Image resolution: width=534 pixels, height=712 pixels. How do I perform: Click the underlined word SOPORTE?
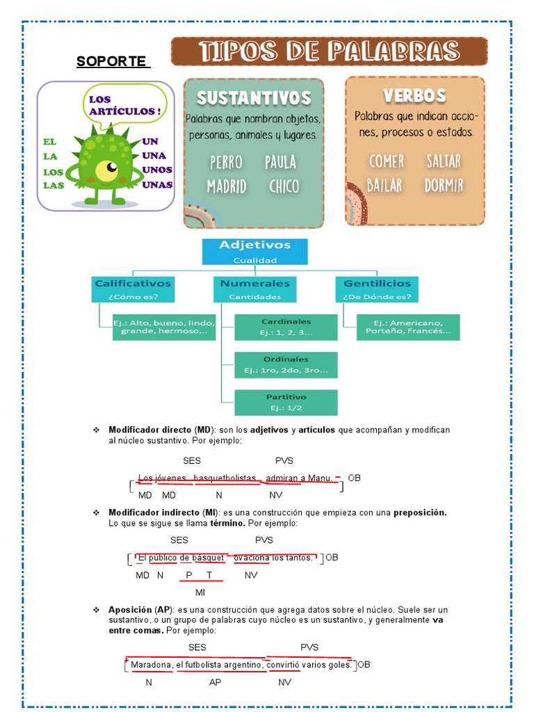pyautogui.click(x=113, y=61)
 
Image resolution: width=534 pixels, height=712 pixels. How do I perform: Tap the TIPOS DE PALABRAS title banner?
pyautogui.click(x=329, y=52)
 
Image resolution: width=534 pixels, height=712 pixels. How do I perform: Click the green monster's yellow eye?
pyautogui.click(x=108, y=168)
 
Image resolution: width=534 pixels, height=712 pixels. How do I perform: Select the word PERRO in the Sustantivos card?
pyautogui.click(x=227, y=163)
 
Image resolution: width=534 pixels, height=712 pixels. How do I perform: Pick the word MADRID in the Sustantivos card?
pyautogui.click(x=226, y=186)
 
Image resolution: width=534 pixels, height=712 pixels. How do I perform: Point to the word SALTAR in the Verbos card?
pyautogui.click(x=443, y=161)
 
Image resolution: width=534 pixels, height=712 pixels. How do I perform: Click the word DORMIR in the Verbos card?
pyautogui.click(x=444, y=186)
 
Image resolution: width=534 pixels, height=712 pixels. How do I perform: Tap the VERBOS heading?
pyautogui.click(x=414, y=95)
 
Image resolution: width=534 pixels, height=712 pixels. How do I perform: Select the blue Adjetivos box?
pyautogui.click(x=254, y=252)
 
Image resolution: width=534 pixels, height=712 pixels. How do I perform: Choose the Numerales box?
pyautogui.click(x=254, y=289)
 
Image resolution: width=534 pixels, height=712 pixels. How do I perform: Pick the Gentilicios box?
pyautogui.click(x=377, y=289)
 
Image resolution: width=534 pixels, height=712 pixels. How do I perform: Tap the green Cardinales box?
pyautogui.click(x=286, y=327)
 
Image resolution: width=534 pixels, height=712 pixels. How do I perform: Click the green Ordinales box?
pyautogui.click(x=286, y=365)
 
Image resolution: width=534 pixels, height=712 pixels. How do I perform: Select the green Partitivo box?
pyautogui.click(x=286, y=403)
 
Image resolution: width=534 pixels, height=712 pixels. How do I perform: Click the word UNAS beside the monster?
pyautogui.click(x=157, y=185)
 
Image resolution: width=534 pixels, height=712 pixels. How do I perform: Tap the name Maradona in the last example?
pyautogui.click(x=151, y=665)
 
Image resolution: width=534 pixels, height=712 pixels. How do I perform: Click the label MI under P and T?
pyautogui.click(x=200, y=592)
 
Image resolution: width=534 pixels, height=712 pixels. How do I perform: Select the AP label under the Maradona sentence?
pyautogui.click(x=215, y=682)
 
